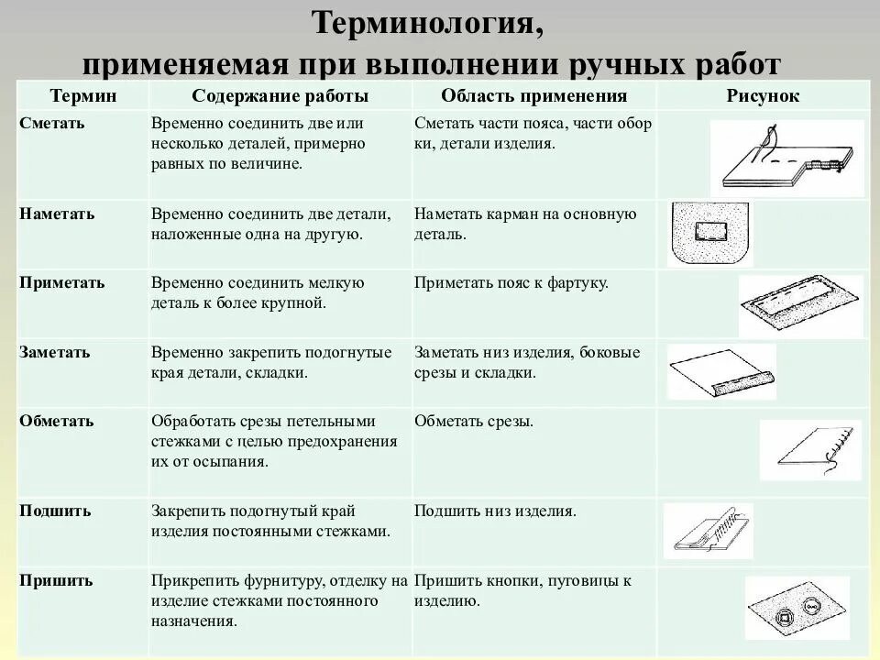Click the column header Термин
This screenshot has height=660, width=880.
point(82,96)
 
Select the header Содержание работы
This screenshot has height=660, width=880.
point(280,96)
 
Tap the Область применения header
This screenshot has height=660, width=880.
point(533,96)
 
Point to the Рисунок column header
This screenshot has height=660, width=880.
point(763,96)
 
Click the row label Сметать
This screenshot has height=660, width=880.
point(52,123)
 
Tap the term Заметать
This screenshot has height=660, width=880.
point(55,352)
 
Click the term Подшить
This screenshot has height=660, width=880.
point(55,511)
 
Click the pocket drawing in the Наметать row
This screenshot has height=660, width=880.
point(709,233)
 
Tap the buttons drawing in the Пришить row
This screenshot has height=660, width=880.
point(796,607)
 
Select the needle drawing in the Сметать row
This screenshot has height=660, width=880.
point(786,159)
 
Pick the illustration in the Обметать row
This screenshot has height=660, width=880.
point(810,449)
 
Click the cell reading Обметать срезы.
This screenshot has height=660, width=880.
point(473,421)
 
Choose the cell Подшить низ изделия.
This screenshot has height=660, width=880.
point(495,511)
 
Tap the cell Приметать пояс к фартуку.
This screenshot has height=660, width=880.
point(511,283)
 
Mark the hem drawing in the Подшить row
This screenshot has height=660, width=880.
point(708,533)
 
